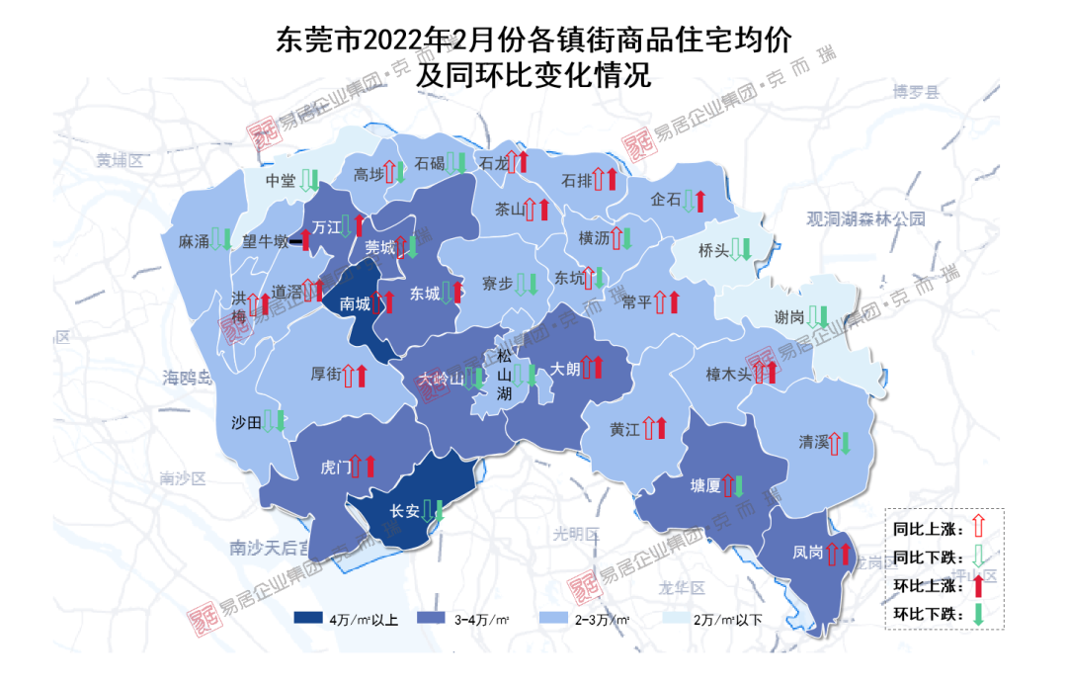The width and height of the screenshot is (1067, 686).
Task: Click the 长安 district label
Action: [405, 511]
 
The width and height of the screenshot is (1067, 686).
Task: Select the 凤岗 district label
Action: [807, 554]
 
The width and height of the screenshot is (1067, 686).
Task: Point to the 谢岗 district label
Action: [789, 318]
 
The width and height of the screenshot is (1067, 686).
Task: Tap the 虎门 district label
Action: [336, 466]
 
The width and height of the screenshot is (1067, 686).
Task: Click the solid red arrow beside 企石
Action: [699, 200]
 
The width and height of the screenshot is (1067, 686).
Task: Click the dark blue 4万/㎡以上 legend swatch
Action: [319, 620]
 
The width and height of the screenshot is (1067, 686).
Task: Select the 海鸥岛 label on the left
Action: [188, 376]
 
